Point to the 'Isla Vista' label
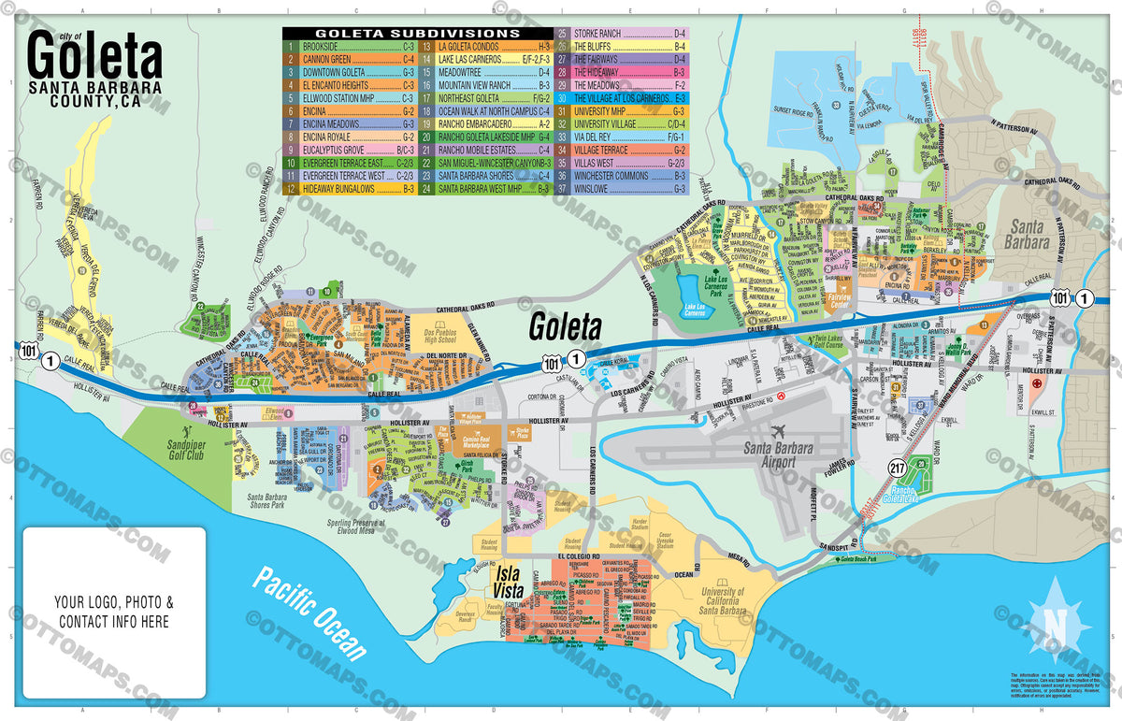tap(513, 584)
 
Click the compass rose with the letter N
tap(1054, 622)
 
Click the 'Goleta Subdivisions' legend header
tap(418, 33)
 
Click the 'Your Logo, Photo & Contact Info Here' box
tap(114, 612)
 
